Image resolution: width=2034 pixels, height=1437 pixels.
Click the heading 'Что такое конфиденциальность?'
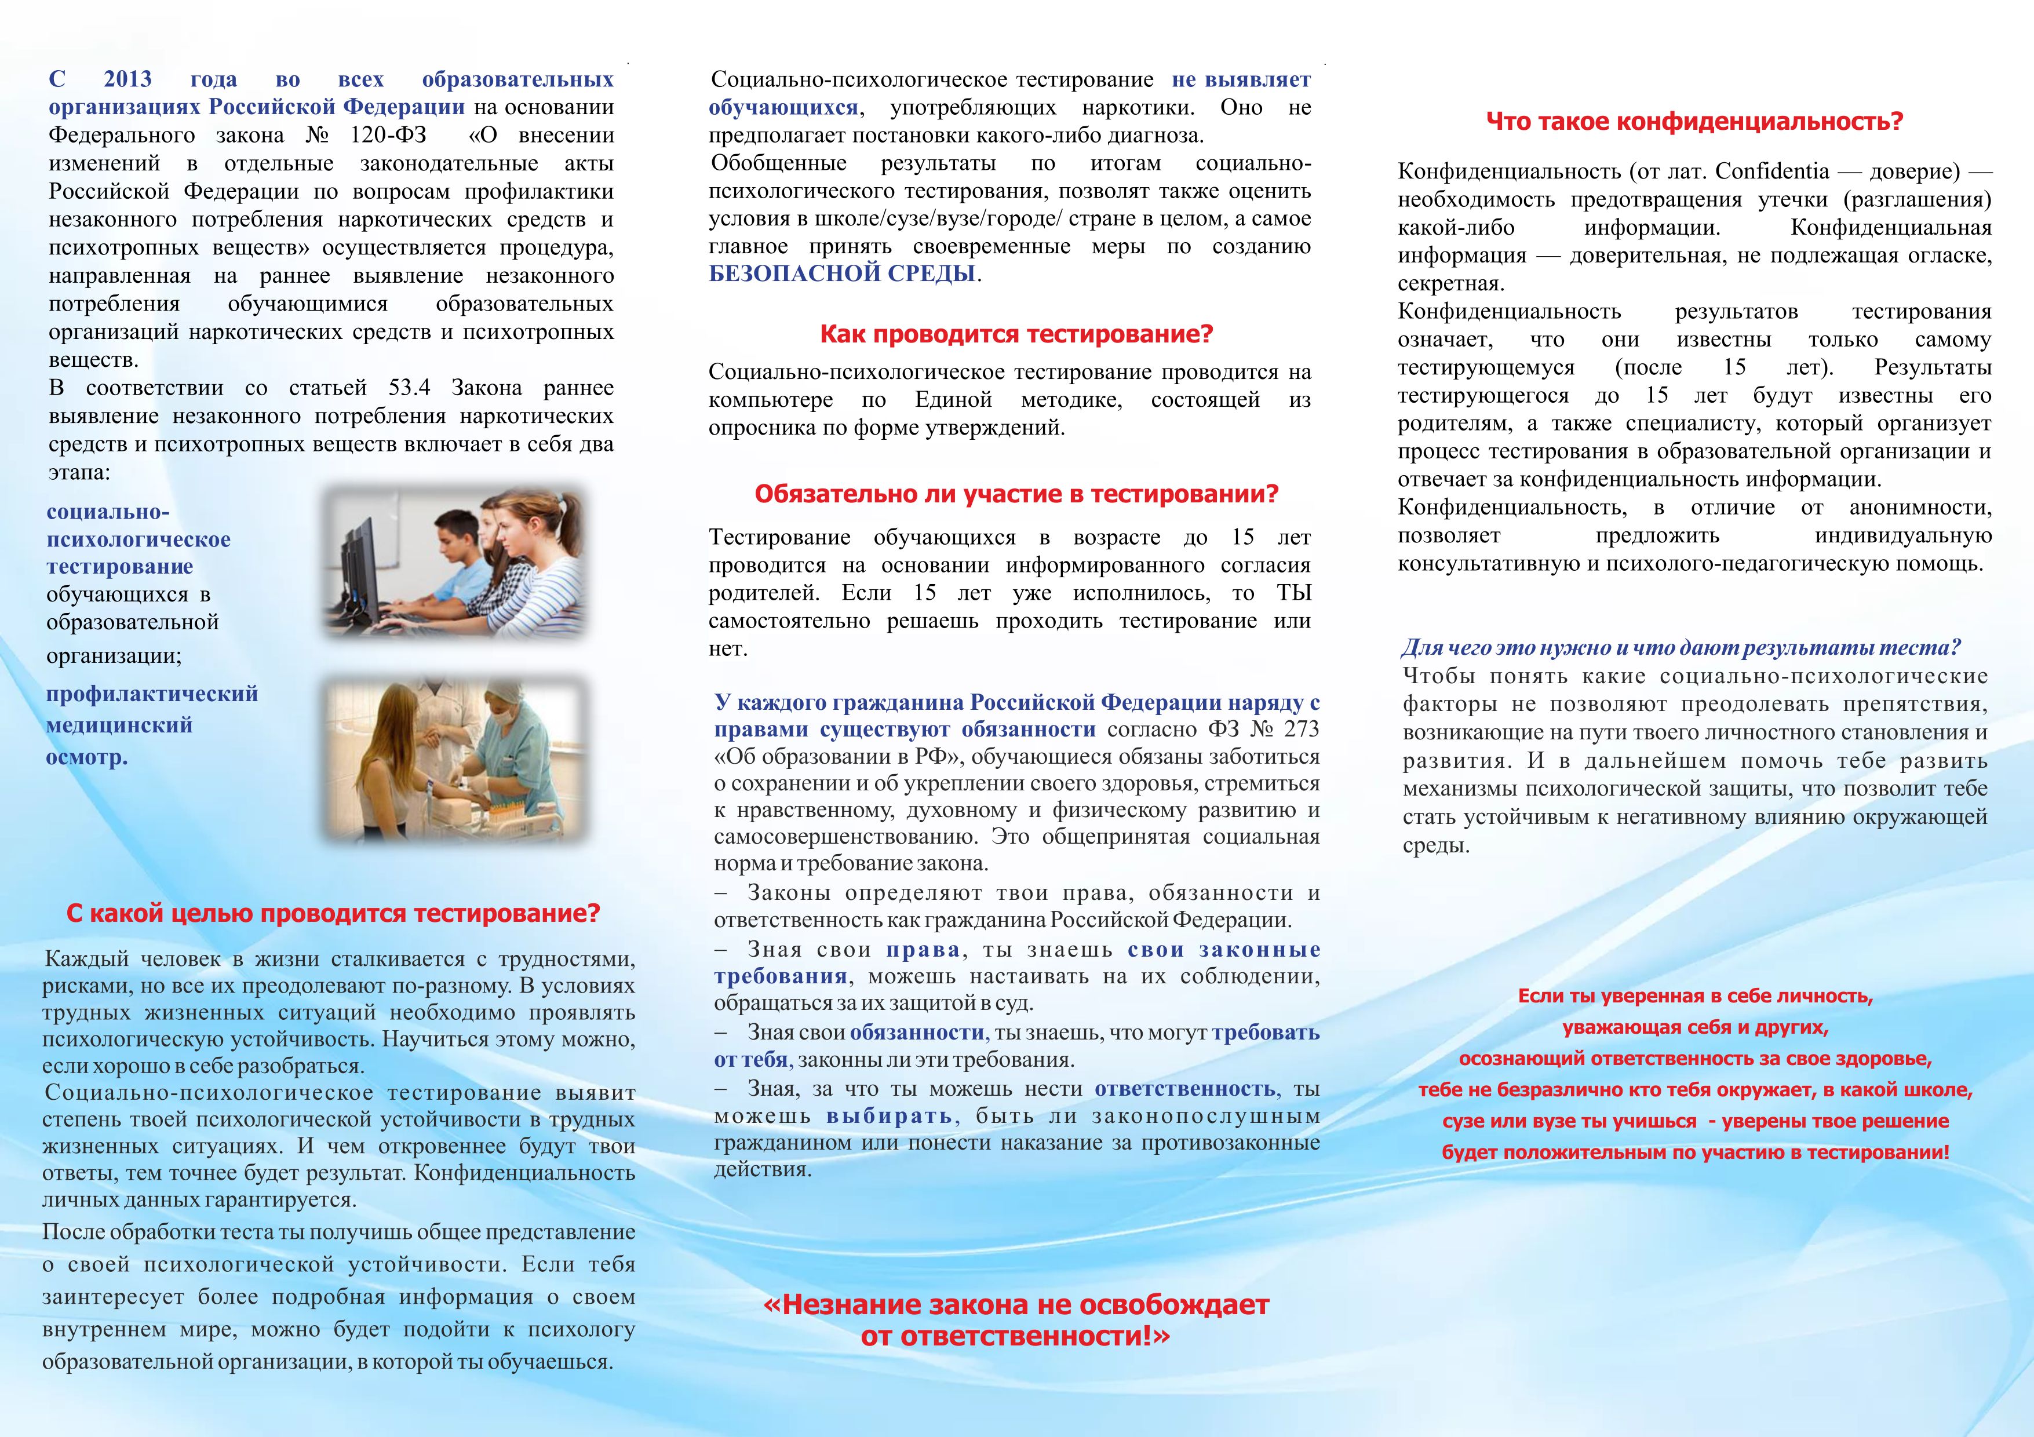point(1694,121)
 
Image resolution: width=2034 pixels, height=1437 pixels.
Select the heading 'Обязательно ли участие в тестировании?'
point(1016,494)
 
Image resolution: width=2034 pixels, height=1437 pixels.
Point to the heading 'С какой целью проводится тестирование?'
point(333,913)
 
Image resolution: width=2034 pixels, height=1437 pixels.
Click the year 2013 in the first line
point(127,80)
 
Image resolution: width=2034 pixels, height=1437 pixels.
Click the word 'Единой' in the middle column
point(953,400)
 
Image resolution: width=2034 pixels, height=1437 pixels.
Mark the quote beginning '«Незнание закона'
point(1016,1304)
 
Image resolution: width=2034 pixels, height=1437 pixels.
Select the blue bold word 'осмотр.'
point(87,757)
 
